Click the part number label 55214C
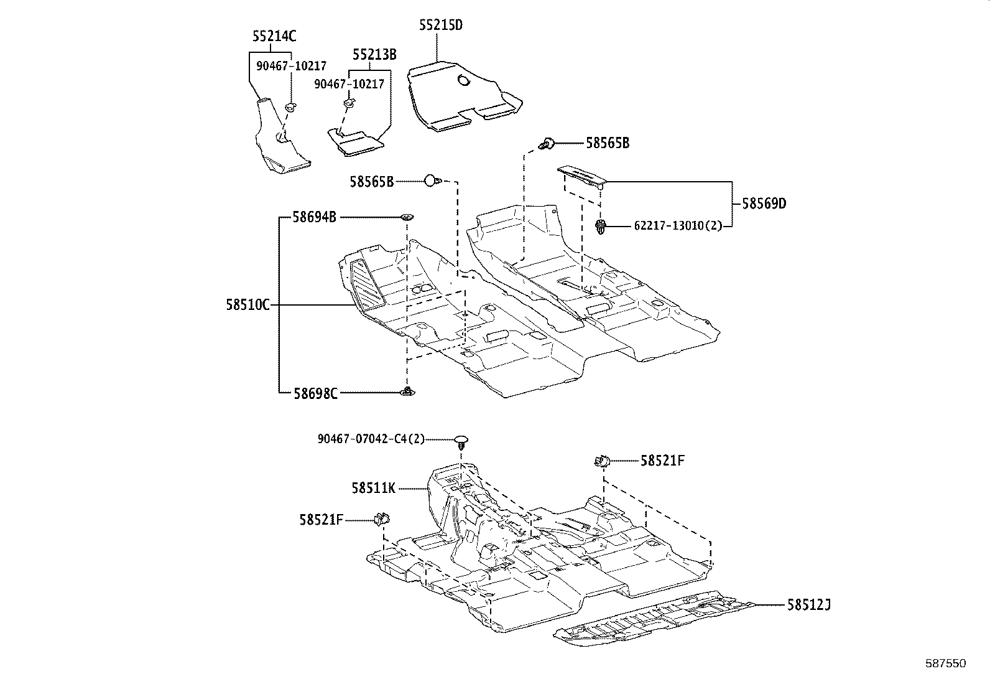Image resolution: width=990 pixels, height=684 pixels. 274,37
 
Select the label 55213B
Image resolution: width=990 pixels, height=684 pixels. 374,55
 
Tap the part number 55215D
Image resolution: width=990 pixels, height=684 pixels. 440,25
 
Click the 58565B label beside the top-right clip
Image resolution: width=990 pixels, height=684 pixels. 608,143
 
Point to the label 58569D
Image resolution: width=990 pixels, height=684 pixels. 764,204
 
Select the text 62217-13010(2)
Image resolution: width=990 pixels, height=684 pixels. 678,225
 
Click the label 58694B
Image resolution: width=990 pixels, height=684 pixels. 315,217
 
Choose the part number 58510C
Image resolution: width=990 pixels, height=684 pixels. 247,305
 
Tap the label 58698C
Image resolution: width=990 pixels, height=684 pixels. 315,393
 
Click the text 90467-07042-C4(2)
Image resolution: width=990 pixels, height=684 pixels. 371,439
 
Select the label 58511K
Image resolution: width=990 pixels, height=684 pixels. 373,489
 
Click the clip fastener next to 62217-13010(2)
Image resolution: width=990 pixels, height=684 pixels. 601,227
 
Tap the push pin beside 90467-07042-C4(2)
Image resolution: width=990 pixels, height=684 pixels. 461,442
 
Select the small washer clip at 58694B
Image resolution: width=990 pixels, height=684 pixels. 407,218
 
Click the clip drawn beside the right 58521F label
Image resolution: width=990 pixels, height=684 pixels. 601,461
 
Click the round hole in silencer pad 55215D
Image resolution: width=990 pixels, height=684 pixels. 464,80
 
